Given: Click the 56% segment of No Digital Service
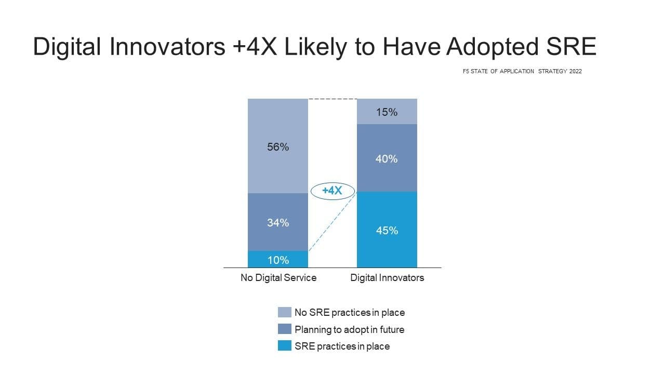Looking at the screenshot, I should point(278,146).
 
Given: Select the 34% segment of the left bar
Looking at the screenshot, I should point(278,222).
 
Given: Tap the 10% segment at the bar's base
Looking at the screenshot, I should point(278,260).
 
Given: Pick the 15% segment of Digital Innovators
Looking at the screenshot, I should point(387,112).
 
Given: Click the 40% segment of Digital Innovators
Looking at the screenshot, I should point(387,158).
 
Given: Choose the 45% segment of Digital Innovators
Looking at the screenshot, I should point(387,230).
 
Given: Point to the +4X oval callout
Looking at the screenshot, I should point(332,191).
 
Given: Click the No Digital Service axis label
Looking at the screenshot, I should point(278,278).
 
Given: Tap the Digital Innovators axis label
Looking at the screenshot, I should point(387,278).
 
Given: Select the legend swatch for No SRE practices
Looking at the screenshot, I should point(285,312).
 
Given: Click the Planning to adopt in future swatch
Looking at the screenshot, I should point(285,329).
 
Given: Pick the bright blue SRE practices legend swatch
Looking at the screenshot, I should point(285,345).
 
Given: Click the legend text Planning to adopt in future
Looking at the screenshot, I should point(349,329).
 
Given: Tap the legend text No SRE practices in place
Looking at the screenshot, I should point(350,313).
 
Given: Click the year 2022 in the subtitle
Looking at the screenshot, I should point(575,72).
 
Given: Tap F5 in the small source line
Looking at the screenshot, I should point(465,72).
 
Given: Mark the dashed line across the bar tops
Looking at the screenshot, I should point(332,99).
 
